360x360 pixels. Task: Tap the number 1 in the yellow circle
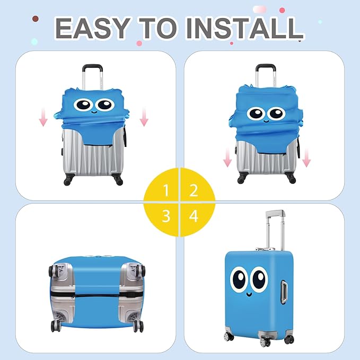pyautogui.click(x=166, y=190)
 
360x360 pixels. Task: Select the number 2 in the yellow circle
pyautogui.click(x=194, y=190)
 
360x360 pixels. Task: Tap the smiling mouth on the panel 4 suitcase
pyautogui.click(x=250, y=291)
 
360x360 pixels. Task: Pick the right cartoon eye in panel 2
pyautogui.click(x=276, y=113)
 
